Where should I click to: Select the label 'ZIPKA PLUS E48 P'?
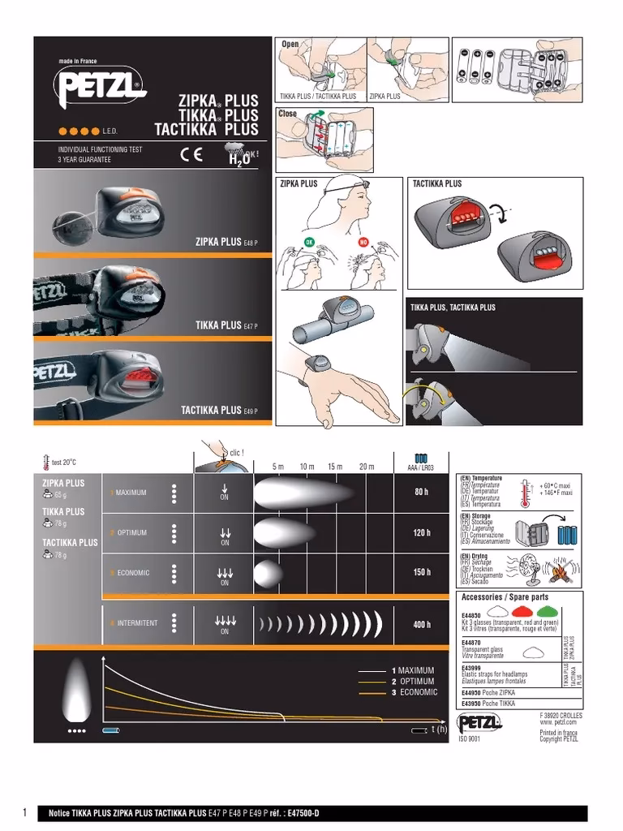coord(226,242)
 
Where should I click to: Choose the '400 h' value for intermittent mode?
coord(420,625)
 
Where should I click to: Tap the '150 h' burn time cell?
coord(420,572)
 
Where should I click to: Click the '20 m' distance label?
coord(367,467)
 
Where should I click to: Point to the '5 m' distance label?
coord(278,467)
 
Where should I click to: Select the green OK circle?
coord(309,242)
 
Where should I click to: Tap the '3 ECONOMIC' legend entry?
coord(414,692)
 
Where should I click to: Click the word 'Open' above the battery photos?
coord(290,43)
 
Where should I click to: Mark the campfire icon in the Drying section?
coord(562,572)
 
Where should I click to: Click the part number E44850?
coord(471,616)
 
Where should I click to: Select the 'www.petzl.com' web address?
coord(558,721)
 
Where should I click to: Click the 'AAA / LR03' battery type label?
coord(420,468)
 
